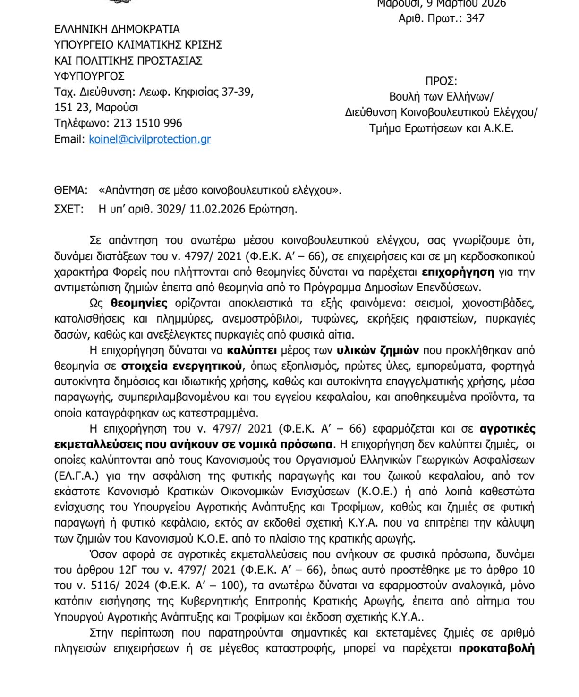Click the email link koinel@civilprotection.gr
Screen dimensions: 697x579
point(150,139)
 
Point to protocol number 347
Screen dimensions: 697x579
point(475,18)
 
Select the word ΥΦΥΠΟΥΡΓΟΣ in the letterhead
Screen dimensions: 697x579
point(89,76)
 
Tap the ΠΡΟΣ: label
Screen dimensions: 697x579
point(441,81)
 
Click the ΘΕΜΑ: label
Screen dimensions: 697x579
point(71,191)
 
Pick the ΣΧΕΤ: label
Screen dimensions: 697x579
point(69,209)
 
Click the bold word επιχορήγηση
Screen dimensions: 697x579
point(458,272)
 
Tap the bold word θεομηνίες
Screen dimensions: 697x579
point(139,303)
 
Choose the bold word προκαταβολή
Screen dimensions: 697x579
point(496,648)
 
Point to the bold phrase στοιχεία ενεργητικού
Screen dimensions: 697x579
point(182,366)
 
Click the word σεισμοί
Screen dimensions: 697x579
point(433,303)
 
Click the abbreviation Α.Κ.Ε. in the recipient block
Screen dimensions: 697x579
point(499,128)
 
